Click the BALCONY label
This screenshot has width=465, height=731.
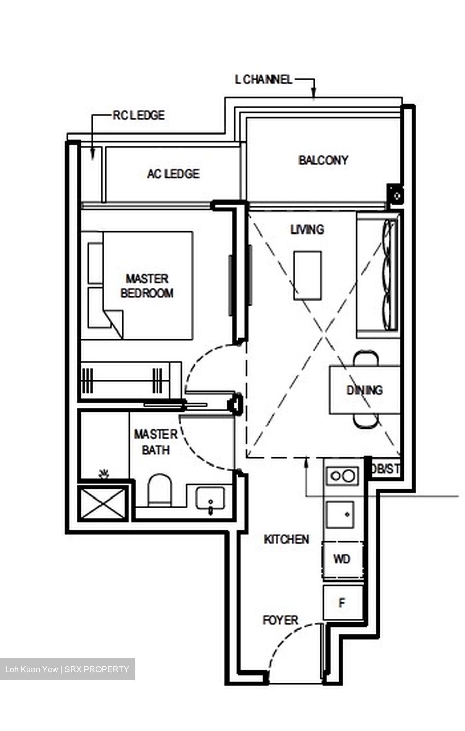323,160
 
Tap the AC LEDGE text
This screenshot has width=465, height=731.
173,174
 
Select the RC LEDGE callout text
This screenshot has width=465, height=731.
139,115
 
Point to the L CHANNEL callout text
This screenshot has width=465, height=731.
263,80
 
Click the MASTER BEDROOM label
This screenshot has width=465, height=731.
147,286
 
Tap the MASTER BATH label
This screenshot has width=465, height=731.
155,442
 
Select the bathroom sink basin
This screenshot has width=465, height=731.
210,497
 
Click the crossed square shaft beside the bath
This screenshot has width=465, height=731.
103,503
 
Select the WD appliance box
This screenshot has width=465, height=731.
342,559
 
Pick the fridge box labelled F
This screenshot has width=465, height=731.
343,603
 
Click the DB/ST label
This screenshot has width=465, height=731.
385,469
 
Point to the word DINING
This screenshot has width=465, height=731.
364,390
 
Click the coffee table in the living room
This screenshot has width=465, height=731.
307,275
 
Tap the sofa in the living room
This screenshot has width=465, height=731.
378,275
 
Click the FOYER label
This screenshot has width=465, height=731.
280,620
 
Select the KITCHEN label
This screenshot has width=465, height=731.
286,539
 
